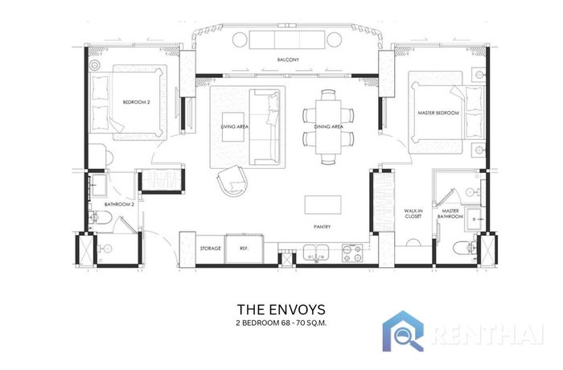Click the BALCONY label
pyautogui.click(x=288, y=60)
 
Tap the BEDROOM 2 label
pyautogui.click(x=137, y=102)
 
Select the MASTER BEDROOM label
pyautogui.click(x=438, y=113)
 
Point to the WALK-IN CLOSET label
pyautogui.click(x=413, y=214)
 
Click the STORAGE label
pyautogui.click(x=211, y=249)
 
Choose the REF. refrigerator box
pyautogui.click(x=245, y=249)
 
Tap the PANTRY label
pyautogui.click(x=322, y=227)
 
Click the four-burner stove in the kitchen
pyautogui.click(x=352, y=253)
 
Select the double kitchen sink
pyautogui.click(x=316, y=253)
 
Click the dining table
pyautogui.click(x=328, y=127)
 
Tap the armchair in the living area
pyautogui.click(x=232, y=180)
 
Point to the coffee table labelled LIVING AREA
pyautogui.click(x=235, y=127)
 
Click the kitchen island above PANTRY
pyautogui.click(x=323, y=205)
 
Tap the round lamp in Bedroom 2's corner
pyautogui.click(x=95, y=65)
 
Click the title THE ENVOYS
pyautogui.click(x=281, y=310)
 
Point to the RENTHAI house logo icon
pyautogui.click(x=403, y=331)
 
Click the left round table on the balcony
pyautogui.click(x=240, y=39)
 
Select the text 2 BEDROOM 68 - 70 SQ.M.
pyautogui.click(x=281, y=323)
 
